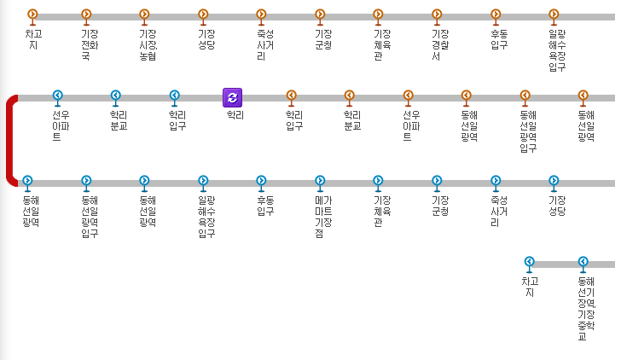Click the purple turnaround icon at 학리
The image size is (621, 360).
coord(232,97)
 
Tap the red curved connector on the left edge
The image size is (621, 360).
coord(10,140)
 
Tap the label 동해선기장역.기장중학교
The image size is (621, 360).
coord(583,308)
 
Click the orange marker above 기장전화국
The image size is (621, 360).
coord(86,15)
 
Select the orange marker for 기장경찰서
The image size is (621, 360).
coord(437,15)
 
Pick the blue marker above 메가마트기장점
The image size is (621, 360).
coord(320,181)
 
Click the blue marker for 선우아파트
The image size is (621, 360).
coord(58,96)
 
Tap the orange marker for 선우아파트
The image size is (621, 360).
coord(408,96)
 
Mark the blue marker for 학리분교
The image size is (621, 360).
coord(116,96)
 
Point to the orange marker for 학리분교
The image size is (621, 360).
coord(349,96)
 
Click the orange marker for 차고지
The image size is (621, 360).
coord(32,15)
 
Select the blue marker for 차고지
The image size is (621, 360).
coord(529,262)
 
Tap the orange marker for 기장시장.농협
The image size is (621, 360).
coord(144,15)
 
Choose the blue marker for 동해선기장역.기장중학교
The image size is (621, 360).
coord(583,262)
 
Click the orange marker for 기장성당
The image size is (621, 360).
coord(203,15)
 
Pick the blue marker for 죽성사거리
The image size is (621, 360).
coord(495,181)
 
